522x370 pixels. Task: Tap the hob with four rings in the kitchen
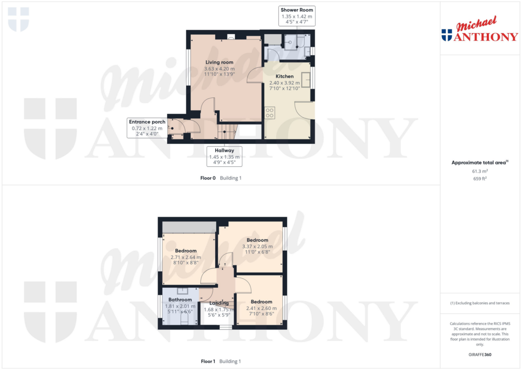click(x=269, y=112)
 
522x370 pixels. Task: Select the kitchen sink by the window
click(x=307, y=81)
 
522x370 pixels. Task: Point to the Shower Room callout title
click(x=297, y=10)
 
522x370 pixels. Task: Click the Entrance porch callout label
click(x=147, y=122)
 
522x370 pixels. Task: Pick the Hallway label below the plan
click(x=224, y=151)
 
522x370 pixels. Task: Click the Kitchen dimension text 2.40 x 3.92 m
click(x=284, y=83)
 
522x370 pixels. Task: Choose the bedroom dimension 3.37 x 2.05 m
click(x=257, y=246)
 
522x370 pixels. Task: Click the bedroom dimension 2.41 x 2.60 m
click(x=260, y=308)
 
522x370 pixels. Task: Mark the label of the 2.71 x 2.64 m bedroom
click(x=186, y=251)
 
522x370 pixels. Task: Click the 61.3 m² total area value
click(x=479, y=171)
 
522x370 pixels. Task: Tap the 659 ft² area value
click(x=479, y=179)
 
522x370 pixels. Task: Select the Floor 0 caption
click(x=208, y=178)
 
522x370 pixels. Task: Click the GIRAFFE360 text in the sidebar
click(x=479, y=354)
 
